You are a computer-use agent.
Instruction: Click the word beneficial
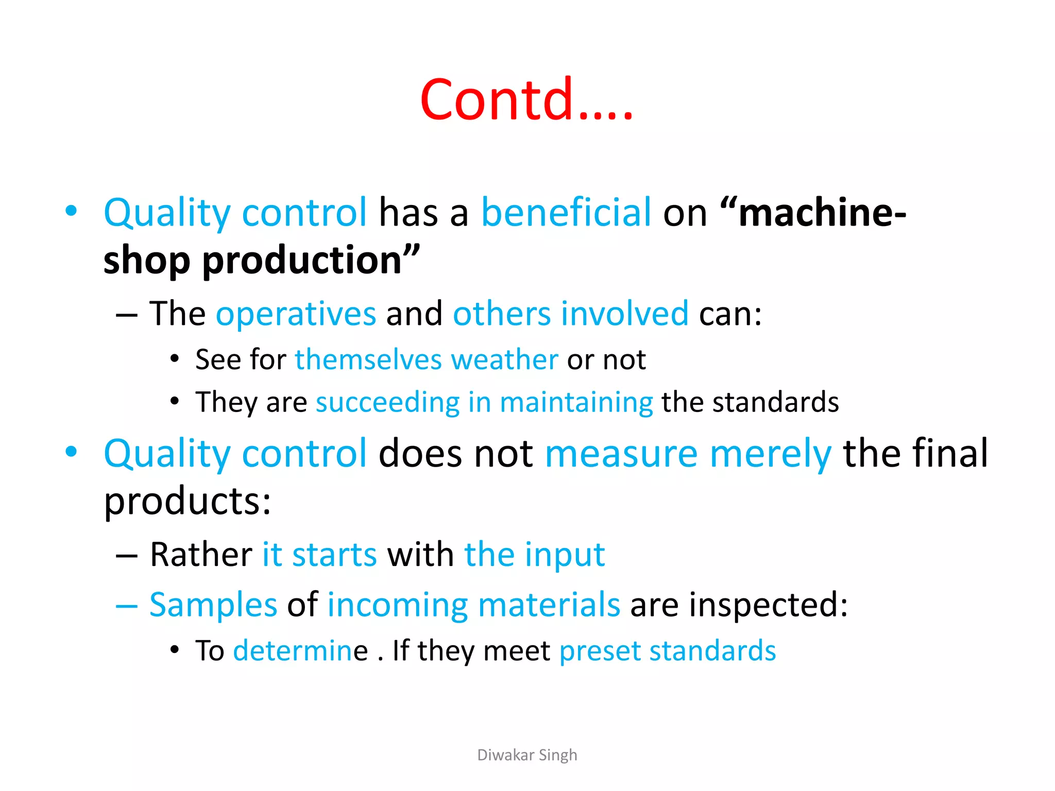click(x=566, y=212)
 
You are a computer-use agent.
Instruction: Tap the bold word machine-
click(x=822, y=212)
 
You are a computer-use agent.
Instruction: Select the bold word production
click(x=302, y=260)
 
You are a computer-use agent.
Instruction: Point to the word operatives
click(x=296, y=314)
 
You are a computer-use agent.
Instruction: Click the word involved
click(x=624, y=314)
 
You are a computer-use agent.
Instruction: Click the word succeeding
click(x=387, y=402)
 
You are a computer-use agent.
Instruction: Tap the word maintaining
click(x=576, y=402)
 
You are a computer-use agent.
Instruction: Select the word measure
click(x=621, y=454)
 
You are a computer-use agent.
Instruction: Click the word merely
click(x=771, y=454)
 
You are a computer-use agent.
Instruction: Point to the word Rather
click(x=201, y=555)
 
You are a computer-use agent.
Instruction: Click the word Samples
click(x=213, y=605)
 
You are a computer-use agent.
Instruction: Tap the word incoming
click(x=397, y=605)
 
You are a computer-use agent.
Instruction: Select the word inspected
click(x=768, y=605)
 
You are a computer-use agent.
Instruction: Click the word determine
click(x=300, y=651)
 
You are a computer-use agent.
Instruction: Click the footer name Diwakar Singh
click(x=527, y=755)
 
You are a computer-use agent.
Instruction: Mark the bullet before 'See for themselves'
click(x=175, y=358)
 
